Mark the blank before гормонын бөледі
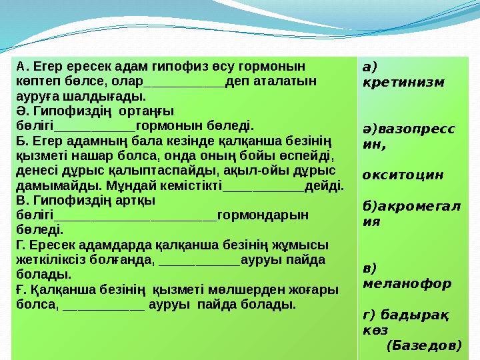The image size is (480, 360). point(94,127)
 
